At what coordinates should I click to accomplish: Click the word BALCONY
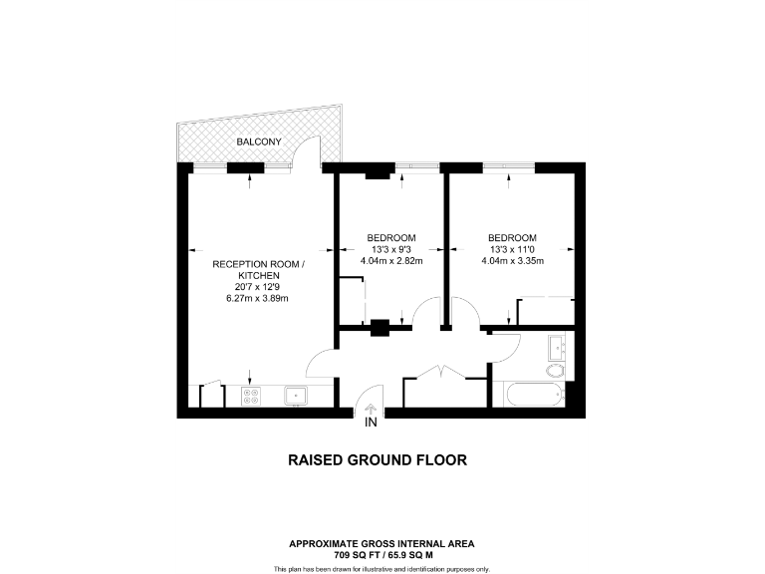tap(258, 143)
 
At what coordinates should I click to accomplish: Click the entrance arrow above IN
tap(371, 408)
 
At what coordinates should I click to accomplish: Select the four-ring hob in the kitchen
tap(252, 396)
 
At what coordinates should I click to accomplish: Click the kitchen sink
tap(296, 396)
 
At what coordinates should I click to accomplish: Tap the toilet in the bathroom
tap(556, 371)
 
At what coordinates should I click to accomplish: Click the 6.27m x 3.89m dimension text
tap(259, 298)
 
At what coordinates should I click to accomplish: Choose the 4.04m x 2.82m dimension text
tap(391, 261)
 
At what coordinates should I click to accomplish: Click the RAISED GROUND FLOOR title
tap(378, 460)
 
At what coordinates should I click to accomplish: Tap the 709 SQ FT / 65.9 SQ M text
tap(382, 554)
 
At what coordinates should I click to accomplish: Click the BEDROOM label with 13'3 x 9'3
tap(391, 237)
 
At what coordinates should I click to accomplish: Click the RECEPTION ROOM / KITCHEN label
tap(259, 269)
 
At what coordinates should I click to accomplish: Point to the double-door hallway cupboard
tap(437, 390)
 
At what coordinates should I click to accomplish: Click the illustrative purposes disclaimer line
tap(382, 568)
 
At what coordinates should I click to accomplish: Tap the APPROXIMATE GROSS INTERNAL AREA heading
tap(382, 543)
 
